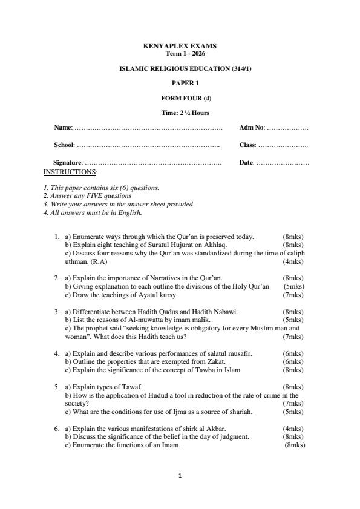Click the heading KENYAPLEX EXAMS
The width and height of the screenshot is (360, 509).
[180, 46]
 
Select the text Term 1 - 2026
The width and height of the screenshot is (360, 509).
[180, 53]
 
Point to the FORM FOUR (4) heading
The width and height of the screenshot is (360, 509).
[180, 97]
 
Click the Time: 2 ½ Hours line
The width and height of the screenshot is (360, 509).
[180, 113]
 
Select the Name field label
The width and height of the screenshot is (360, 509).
[63, 128]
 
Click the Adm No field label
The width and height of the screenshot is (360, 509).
[252, 128]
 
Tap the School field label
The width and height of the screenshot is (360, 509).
[64, 145]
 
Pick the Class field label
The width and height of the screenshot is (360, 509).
[247, 145]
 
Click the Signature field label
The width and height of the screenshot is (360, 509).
[68, 163]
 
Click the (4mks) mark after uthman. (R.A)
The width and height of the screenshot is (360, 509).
[293, 261]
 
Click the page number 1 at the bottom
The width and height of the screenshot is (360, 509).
[180, 476]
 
